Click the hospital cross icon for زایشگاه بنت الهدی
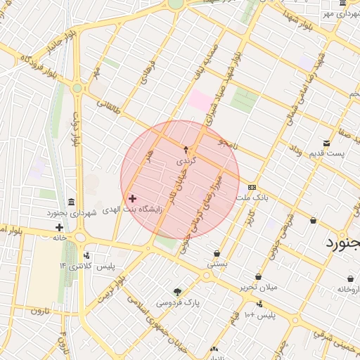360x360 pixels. pos(132,199)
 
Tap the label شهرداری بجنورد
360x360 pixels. pos(70,212)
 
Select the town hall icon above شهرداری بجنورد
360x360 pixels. pos(71,202)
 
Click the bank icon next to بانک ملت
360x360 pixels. pos(252,187)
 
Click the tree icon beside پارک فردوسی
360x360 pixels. pos(177,292)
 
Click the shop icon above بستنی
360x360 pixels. pos(217,253)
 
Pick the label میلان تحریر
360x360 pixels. pos(258,287)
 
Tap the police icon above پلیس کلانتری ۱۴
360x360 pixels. pos(86,255)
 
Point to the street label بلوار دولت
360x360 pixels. pos(75,129)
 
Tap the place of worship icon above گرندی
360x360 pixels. pos(186,149)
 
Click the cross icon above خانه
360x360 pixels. pos(59,227)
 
